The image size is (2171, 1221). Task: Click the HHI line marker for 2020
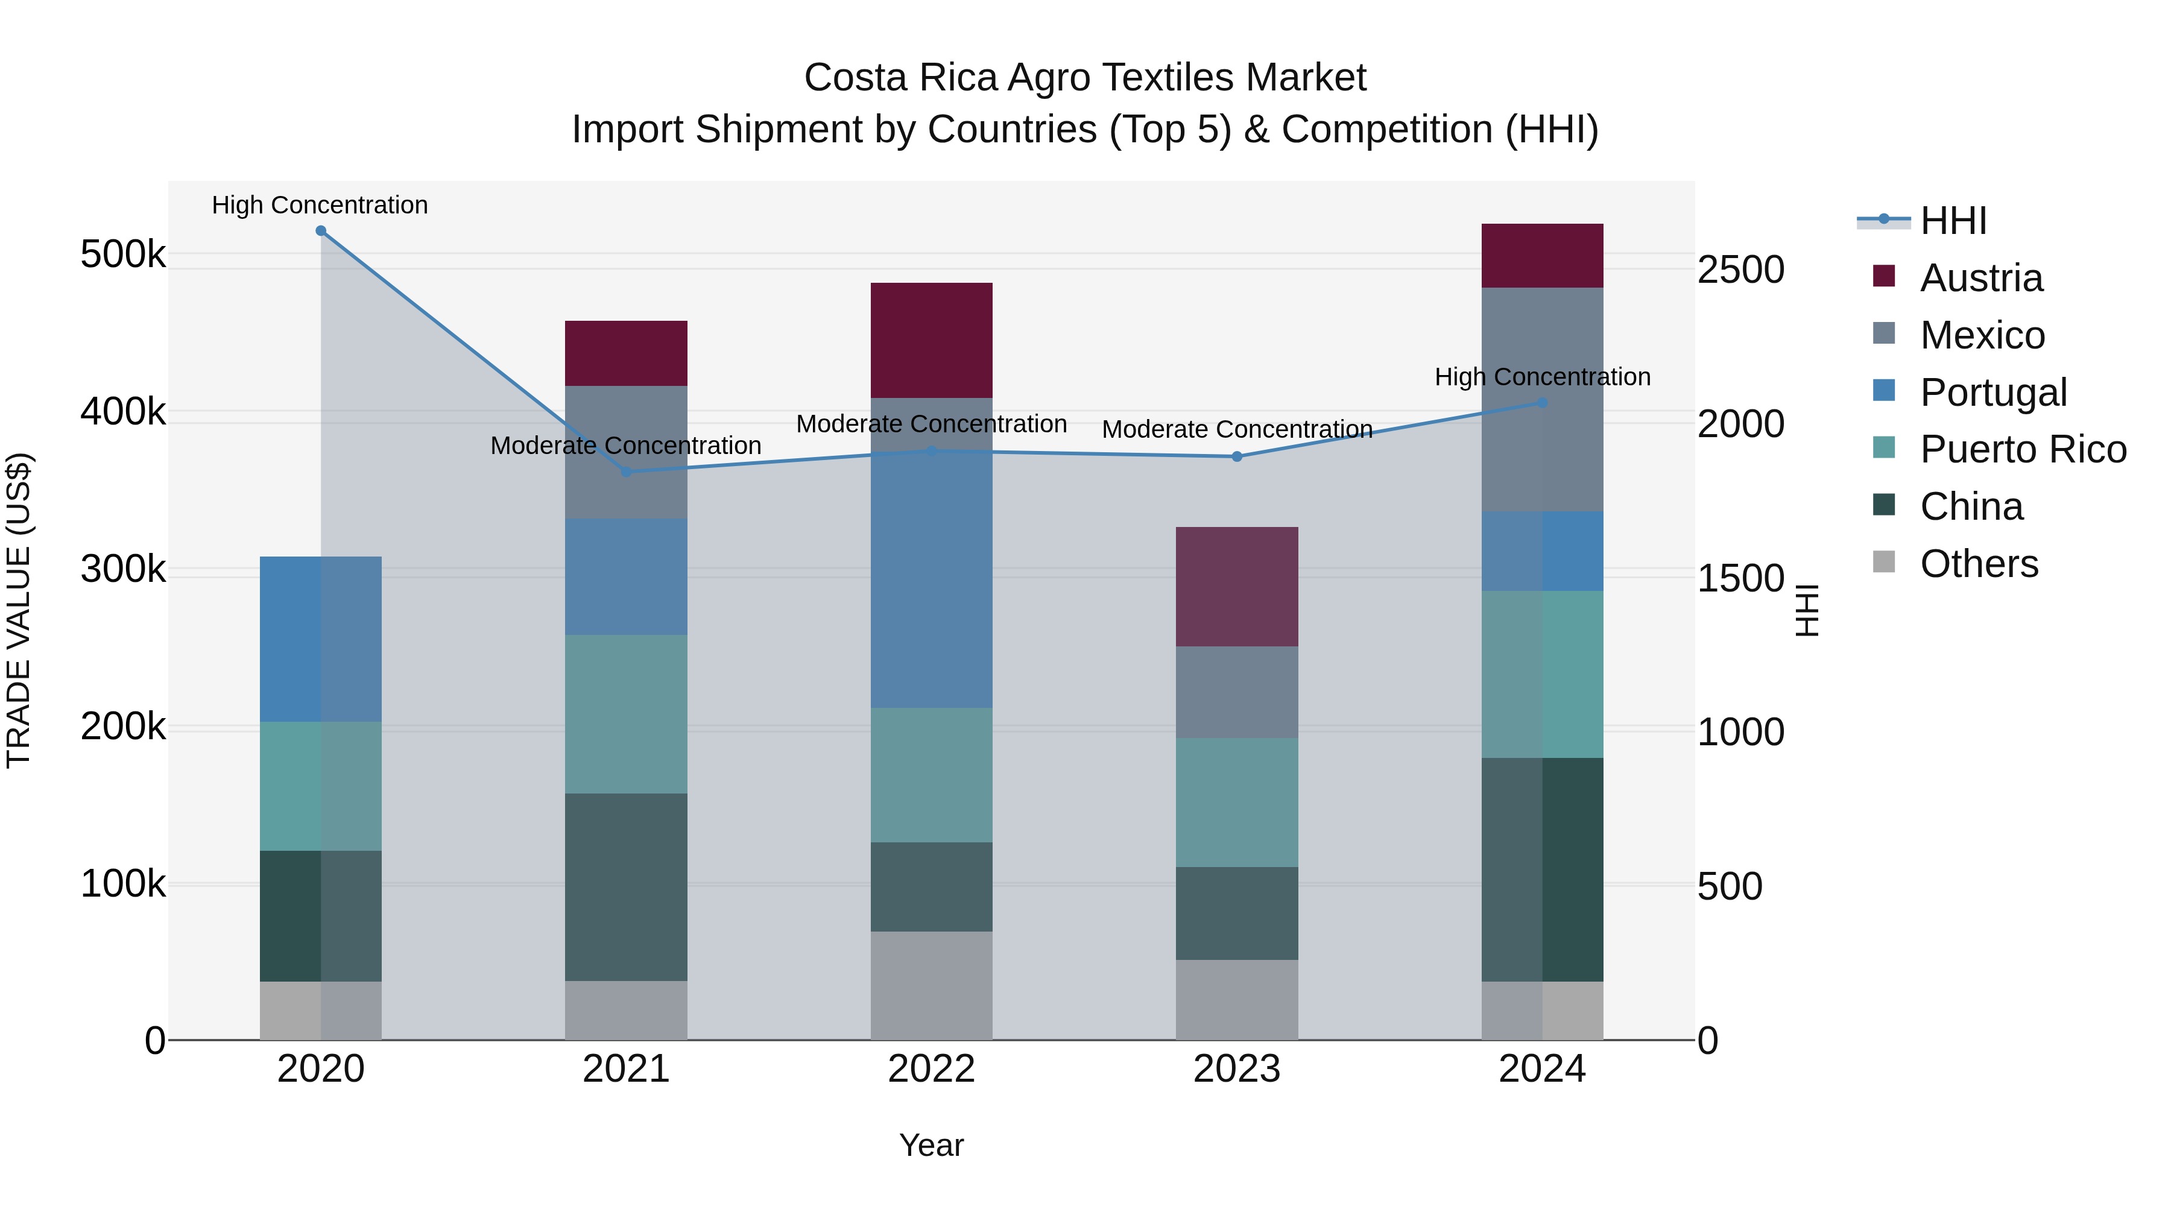[x=320, y=231]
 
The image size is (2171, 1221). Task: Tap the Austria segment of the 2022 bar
[x=931, y=341]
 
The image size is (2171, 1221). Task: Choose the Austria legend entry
[x=1980, y=278]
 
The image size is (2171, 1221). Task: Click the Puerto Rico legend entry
[x=2023, y=449]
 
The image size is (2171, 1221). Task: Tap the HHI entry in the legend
[x=1952, y=221]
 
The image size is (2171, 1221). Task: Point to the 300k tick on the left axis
[x=123, y=570]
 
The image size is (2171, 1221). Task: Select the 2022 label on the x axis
[x=931, y=1069]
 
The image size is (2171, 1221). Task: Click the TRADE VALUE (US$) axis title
[x=19, y=610]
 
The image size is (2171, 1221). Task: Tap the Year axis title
[x=931, y=1145]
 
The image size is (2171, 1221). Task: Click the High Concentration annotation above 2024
[x=1542, y=377]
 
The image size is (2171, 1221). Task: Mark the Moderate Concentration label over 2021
[x=626, y=445]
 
